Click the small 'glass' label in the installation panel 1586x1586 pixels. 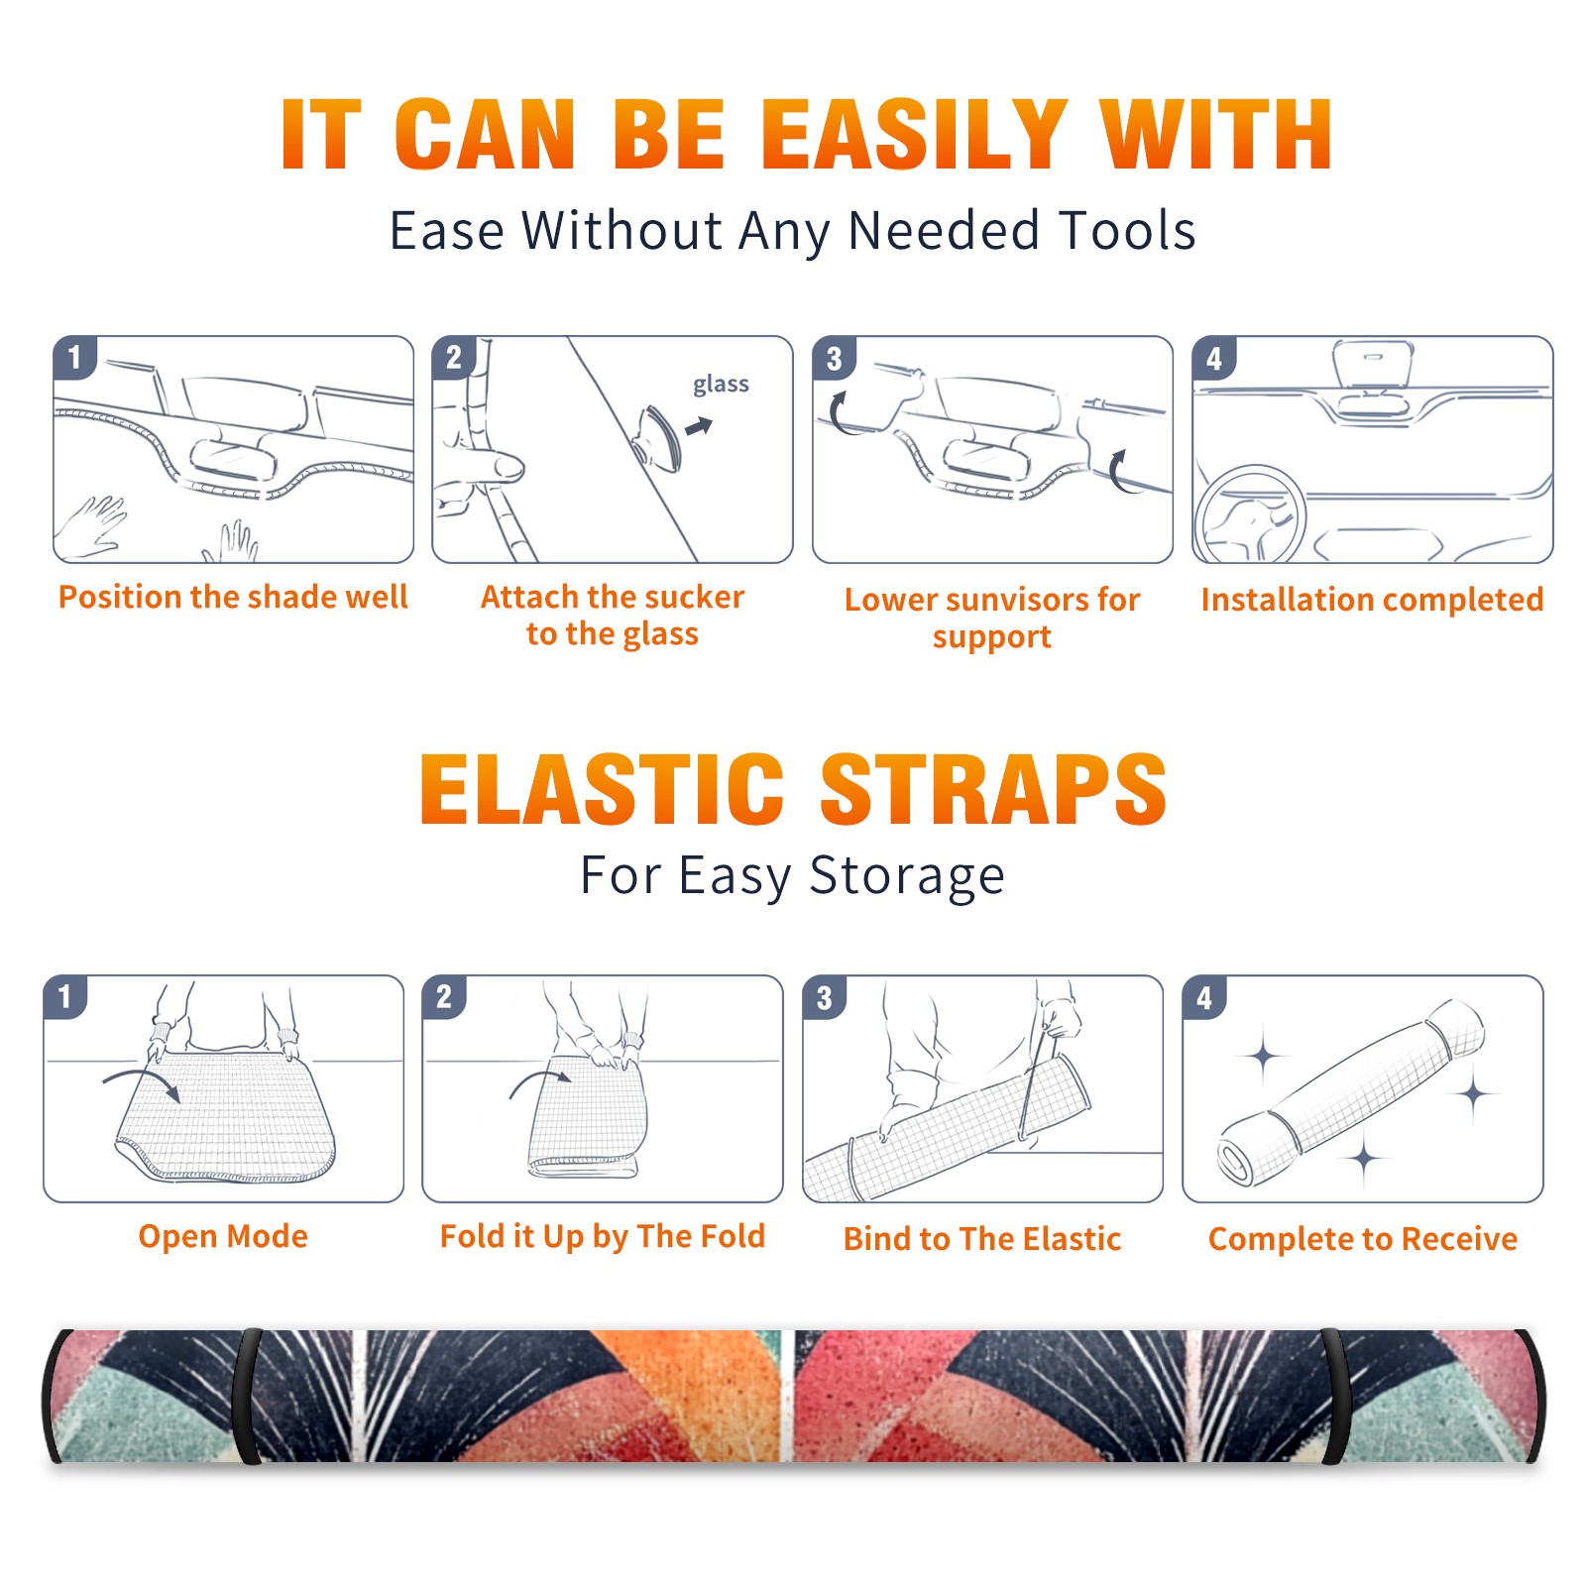[x=721, y=385]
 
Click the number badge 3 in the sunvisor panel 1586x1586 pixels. [x=834, y=359]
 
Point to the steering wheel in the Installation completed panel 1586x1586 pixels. [x=1250, y=514]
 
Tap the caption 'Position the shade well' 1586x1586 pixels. [x=233, y=597]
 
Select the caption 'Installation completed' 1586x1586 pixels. [x=1372, y=600]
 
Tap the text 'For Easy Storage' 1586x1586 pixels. [x=793, y=876]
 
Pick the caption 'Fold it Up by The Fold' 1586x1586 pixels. [x=603, y=1237]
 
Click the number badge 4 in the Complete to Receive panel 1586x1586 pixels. [x=1204, y=998]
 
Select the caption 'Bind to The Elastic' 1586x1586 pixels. [x=982, y=1239]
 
